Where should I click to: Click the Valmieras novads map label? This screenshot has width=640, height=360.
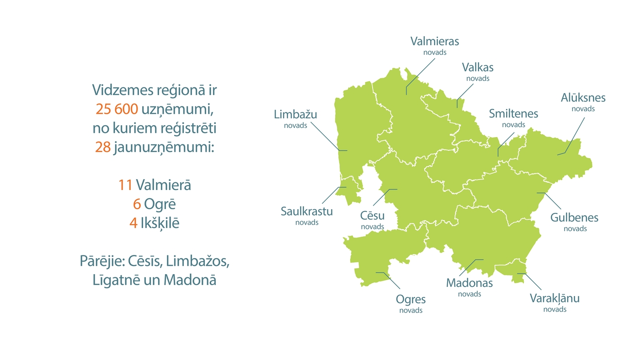(x=434, y=45)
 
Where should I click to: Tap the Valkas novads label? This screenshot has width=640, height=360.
(x=478, y=71)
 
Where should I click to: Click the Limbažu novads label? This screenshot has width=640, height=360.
(x=295, y=118)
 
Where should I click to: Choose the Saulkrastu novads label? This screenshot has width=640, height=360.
(x=307, y=216)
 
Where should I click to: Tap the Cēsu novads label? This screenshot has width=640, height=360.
(x=372, y=219)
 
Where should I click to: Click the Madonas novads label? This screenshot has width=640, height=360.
(x=469, y=286)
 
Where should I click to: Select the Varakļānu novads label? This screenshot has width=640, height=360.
(x=555, y=302)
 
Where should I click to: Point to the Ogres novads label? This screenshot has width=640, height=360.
(x=411, y=303)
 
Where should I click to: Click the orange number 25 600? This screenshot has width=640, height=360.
(x=117, y=110)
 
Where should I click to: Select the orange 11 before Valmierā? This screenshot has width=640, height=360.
(x=125, y=185)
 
